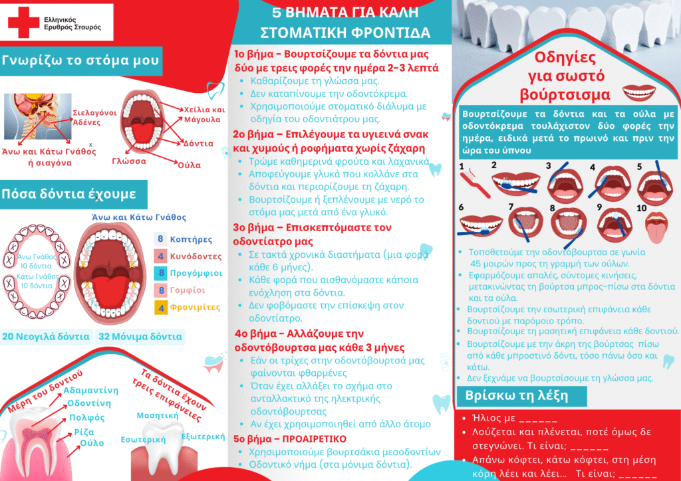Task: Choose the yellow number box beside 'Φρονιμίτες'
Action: pyautogui.click(x=160, y=308)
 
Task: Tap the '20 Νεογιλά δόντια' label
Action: pyautogui.click(x=45, y=336)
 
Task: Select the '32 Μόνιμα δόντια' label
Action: pyautogui.click(x=140, y=336)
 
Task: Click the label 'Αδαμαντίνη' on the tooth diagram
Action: pyautogui.click(x=90, y=390)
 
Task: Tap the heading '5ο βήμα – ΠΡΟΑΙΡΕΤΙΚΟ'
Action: pyautogui.click(x=290, y=438)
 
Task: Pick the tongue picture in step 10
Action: pyautogui.click(x=656, y=227)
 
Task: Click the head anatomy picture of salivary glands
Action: pyautogui.click(x=38, y=116)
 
